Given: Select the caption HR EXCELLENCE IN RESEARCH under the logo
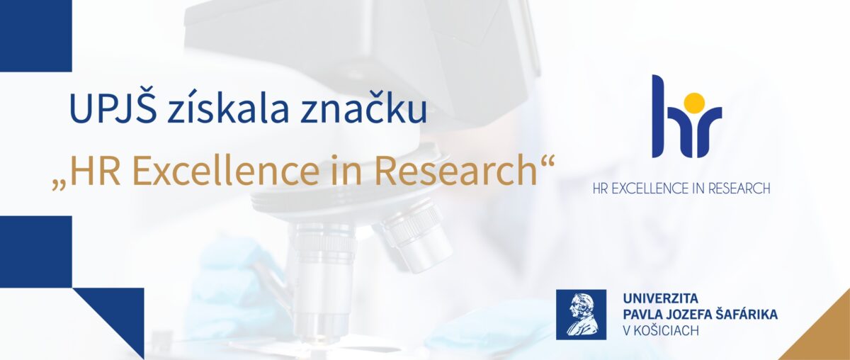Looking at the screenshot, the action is tap(681, 189).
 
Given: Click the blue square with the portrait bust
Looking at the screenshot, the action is tap(581, 315).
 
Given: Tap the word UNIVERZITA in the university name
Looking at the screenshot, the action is tap(661, 298).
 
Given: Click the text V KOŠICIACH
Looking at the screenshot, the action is tap(661, 330).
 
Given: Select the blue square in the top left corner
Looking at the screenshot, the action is tap(35, 35).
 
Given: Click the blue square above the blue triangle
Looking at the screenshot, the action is tap(35, 252).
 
